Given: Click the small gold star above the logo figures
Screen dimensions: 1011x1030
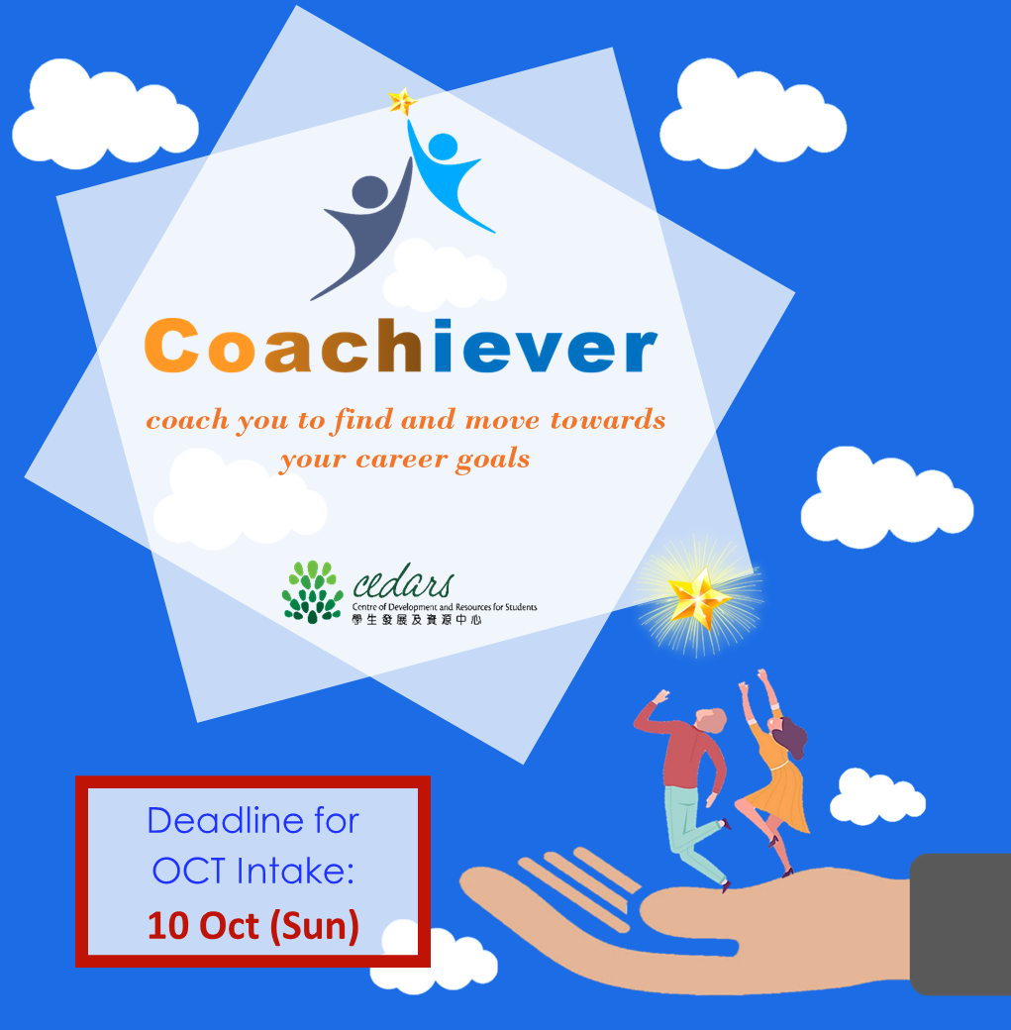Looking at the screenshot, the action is (x=402, y=102).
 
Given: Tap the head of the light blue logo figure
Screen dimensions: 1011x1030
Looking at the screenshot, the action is (x=443, y=146).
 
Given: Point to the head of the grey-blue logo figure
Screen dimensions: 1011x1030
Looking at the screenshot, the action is (x=370, y=192).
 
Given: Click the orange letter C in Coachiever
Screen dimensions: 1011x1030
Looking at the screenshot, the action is (x=171, y=346).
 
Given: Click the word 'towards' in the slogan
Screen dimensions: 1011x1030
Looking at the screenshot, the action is (x=608, y=420).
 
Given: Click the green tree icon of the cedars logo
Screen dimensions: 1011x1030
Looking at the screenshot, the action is (x=313, y=592).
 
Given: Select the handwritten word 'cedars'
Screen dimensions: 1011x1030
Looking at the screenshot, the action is (x=403, y=580).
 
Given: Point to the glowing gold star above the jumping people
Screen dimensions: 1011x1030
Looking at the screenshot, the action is (x=699, y=597).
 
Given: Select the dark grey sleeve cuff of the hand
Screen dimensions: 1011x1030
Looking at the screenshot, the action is (x=960, y=924).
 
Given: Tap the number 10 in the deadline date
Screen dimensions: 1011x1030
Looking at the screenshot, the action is (x=168, y=926).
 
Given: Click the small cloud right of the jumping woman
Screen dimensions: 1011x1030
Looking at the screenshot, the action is (x=877, y=796).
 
